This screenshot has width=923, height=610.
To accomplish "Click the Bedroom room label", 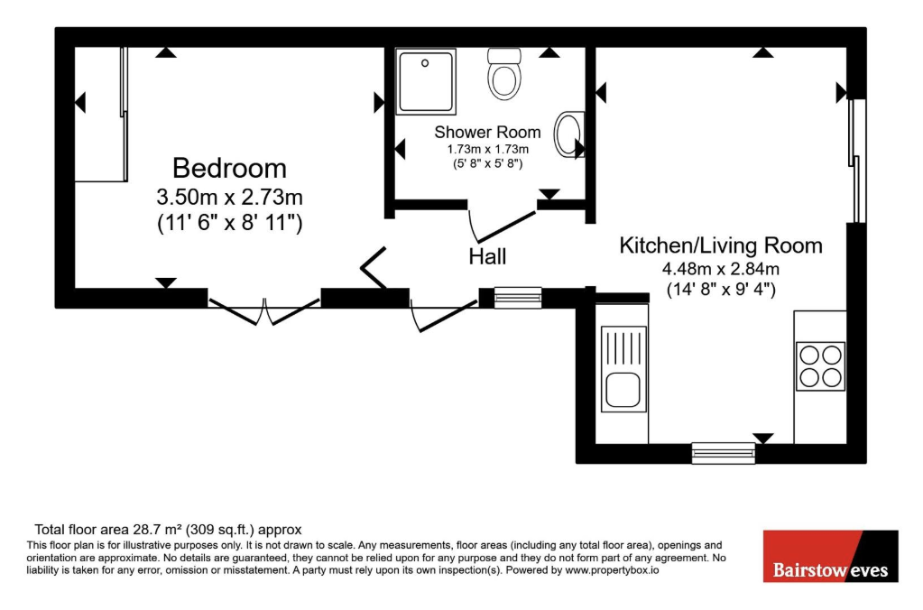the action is (x=229, y=169).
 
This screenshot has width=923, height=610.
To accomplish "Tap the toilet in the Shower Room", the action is (x=504, y=74).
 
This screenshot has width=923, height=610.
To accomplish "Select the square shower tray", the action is (x=426, y=82).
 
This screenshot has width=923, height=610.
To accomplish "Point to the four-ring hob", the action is (x=820, y=366).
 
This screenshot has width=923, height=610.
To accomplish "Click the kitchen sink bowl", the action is (x=623, y=389).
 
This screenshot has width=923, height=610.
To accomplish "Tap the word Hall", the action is (x=487, y=256).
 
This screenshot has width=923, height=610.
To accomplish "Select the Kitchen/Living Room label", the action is (x=721, y=245).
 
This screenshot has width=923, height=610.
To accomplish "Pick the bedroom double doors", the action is (x=264, y=311).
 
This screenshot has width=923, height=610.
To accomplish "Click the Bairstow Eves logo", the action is (x=831, y=557).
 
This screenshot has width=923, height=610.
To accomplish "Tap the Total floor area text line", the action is (x=168, y=530).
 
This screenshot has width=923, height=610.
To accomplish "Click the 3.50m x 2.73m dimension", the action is (x=229, y=196).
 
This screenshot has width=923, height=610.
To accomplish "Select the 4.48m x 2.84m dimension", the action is (x=721, y=269).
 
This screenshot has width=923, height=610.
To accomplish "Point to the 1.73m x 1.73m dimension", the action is (x=487, y=150).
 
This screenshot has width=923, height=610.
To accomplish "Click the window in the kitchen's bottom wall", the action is (x=724, y=453).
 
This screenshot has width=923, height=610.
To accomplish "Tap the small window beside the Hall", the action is (x=518, y=298).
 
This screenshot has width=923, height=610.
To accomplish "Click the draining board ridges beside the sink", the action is (x=623, y=347).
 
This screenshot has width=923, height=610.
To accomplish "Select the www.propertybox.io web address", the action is (x=613, y=570).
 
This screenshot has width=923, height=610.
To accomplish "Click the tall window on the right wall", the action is (x=857, y=161).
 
